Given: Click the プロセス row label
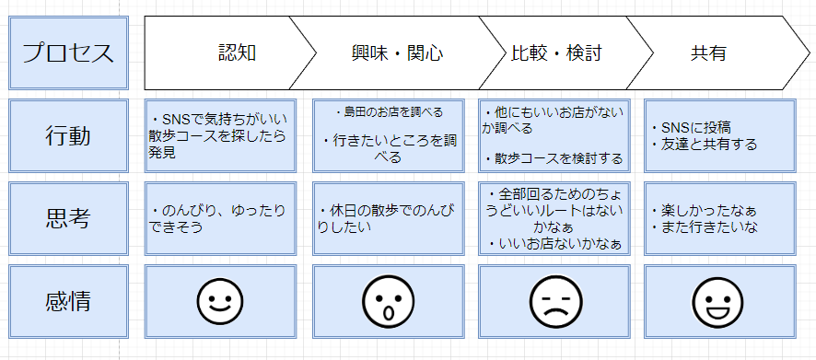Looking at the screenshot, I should tap(67, 52).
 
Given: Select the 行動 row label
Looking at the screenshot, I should tap(67, 135).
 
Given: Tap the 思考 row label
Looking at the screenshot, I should tap(67, 218).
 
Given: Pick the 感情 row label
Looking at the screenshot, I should tap(67, 300).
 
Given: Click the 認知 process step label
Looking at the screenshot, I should tap(237, 52).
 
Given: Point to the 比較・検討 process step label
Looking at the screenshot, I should tap(556, 52).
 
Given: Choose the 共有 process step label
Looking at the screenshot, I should tap(708, 52).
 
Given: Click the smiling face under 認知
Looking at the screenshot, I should tap(220, 300).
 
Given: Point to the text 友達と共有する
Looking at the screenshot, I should tap(703, 144).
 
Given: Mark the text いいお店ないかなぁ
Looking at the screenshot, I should tap(559, 244).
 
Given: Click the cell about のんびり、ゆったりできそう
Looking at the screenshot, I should tap(221, 218).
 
